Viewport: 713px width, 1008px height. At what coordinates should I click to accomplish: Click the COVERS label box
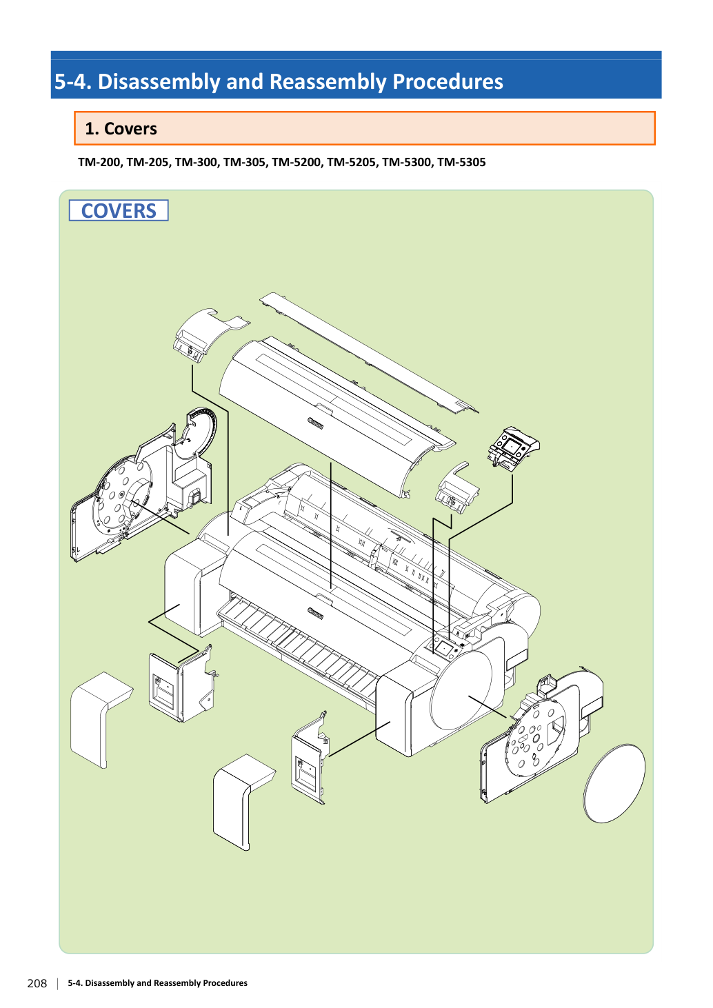(119, 210)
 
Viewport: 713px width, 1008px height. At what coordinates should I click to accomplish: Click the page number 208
(37, 983)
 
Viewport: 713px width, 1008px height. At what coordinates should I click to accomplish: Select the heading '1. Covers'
(121, 129)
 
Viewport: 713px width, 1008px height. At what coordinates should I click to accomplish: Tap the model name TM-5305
(461, 162)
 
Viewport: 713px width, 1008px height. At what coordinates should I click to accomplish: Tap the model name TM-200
(99, 162)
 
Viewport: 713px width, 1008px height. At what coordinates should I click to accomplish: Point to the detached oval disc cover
(614, 783)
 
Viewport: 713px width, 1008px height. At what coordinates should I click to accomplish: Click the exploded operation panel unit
(514, 448)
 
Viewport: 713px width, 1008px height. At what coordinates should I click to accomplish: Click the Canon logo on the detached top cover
(315, 423)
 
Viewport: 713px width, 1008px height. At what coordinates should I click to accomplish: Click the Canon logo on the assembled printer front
(315, 613)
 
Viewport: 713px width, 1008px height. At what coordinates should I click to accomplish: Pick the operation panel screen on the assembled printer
(444, 648)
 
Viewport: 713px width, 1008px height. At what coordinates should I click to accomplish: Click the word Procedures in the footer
(225, 983)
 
